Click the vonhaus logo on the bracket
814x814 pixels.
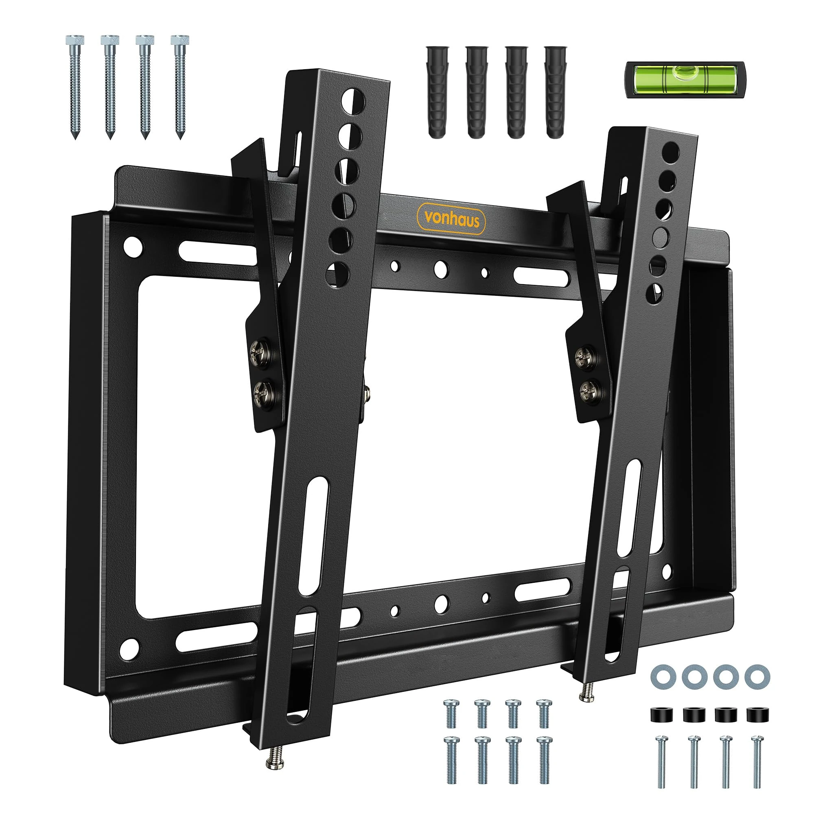click(451, 219)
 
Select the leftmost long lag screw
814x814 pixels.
click(75, 86)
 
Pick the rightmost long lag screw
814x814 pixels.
click(180, 86)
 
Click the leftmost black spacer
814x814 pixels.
click(661, 715)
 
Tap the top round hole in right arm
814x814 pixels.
click(671, 152)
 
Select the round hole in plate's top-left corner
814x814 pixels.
click(133, 247)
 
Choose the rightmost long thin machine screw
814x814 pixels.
click(757, 761)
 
